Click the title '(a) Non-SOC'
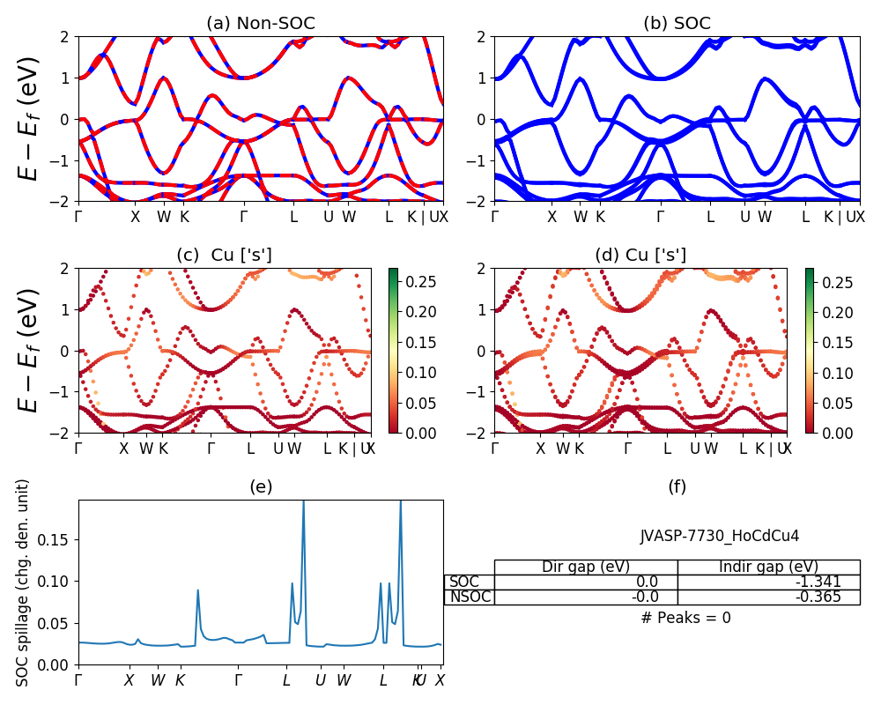[x=260, y=24]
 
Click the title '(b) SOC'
[x=677, y=24]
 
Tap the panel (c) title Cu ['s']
[x=224, y=255]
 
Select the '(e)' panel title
[x=260, y=486]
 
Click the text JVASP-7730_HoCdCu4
[x=720, y=536]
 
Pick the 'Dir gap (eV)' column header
[x=586, y=567]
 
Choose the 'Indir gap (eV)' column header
[x=768, y=567]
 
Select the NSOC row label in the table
[x=470, y=597]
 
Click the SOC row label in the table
[x=464, y=582]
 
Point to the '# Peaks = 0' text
[x=686, y=618]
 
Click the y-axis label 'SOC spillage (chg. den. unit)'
[x=24, y=582]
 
